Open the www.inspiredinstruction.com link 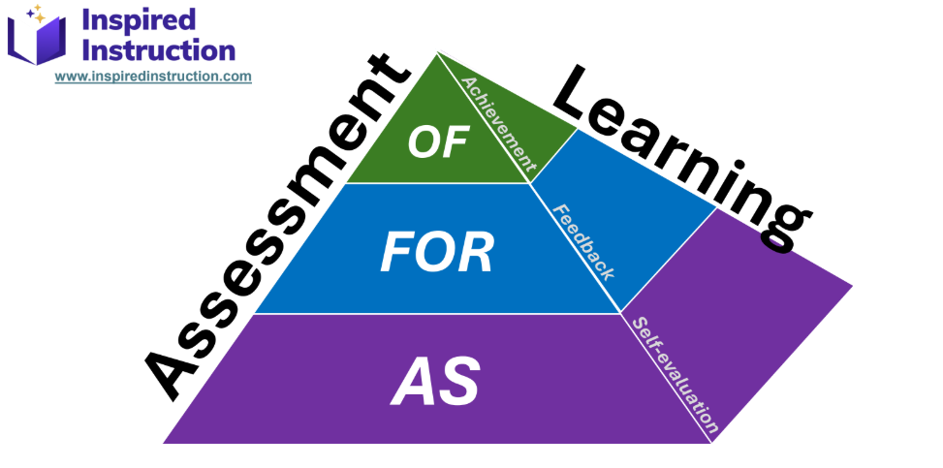click(153, 76)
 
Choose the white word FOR click(436, 253)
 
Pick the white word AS click(435, 383)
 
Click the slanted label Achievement click(498, 119)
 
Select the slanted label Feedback click(582, 241)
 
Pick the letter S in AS click(460, 383)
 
